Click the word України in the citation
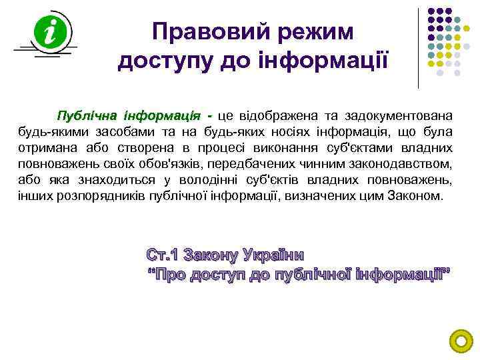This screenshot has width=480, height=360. point(277,255)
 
